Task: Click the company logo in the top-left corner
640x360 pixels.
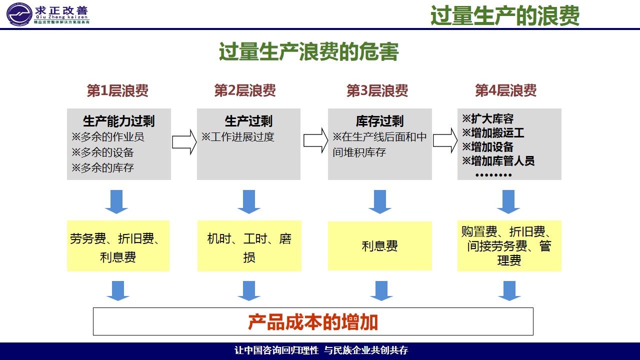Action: pyautogui.click(x=19, y=13)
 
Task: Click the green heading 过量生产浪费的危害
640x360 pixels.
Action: pyautogui.click(x=308, y=52)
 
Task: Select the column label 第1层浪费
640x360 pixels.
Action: pyautogui.click(x=117, y=90)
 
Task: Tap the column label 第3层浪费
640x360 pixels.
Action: pyautogui.click(x=377, y=90)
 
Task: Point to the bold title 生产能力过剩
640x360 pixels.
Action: pyautogui.click(x=119, y=121)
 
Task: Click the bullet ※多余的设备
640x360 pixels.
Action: pyautogui.click(x=102, y=152)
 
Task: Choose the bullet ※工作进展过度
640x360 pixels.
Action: pyautogui.click(x=238, y=136)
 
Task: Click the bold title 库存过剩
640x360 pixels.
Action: pyautogui.click(x=379, y=121)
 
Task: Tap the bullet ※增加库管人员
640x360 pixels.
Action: pyautogui.click(x=498, y=160)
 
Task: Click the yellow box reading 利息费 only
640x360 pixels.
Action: pyautogui.click(x=379, y=246)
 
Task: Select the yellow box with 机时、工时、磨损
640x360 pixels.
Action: pyautogui.click(x=249, y=246)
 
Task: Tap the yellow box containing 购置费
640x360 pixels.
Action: pyautogui.click(x=509, y=246)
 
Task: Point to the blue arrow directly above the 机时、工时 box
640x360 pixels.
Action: pyautogui.click(x=249, y=201)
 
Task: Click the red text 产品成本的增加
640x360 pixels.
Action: pyautogui.click(x=313, y=322)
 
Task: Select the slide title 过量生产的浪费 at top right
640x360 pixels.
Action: pyautogui.click(x=505, y=16)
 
